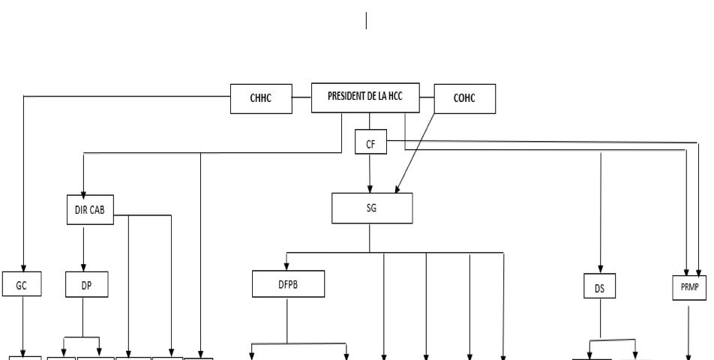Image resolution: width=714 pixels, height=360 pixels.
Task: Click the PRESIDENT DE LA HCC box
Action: pos(370,97)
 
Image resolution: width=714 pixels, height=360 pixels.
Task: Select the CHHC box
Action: pos(261,98)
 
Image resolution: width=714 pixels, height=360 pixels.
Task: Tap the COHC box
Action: pos(465,98)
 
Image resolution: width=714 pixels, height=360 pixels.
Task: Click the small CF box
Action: pos(370,142)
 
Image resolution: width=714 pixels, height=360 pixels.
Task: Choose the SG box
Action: pos(372,208)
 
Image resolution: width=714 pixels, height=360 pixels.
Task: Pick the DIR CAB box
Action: pos(89,211)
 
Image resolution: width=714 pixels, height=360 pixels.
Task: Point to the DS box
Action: pos(599,286)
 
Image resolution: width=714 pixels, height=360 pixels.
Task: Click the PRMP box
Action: pos(688,286)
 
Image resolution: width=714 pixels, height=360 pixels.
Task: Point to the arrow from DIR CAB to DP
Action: pos(83,247)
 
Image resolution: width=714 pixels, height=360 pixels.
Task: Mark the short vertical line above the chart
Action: pos(366,21)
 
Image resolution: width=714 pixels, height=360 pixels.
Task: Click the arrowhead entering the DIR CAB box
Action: pos(83,192)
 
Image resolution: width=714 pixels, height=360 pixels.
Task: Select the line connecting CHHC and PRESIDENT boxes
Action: pos(301,97)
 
